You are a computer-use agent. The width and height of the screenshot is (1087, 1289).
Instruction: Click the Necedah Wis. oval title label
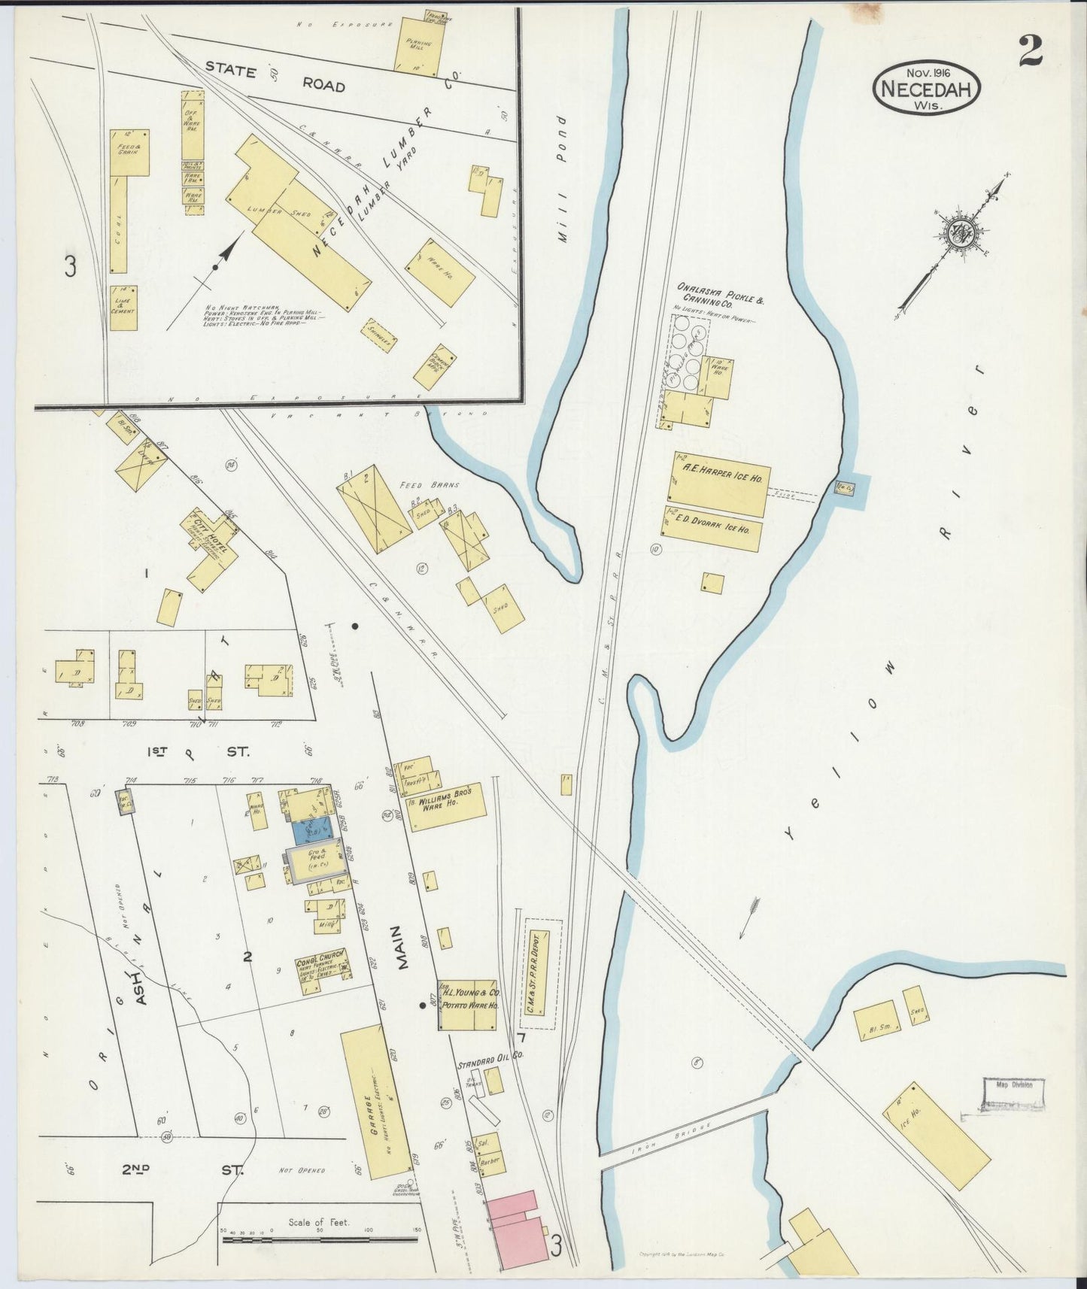(x=927, y=88)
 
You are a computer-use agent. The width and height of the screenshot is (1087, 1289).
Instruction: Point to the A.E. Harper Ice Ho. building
(x=717, y=484)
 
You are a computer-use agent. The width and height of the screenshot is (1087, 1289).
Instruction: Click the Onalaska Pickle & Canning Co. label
(x=720, y=294)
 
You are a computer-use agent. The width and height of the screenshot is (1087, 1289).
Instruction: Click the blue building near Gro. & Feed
(x=311, y=830)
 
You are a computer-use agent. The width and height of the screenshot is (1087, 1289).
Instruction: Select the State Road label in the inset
(x=275, y=77)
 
